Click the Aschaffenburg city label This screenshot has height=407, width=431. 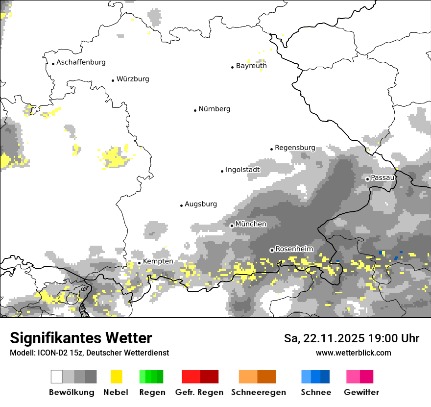pyautogui.click(x=81, y=62)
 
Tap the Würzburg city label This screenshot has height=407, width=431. pyautogui.click(x=133, y=79)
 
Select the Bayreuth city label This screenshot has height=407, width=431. pyautogui.click(x=251, y=66)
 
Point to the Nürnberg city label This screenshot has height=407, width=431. pyautogui.click(x=215, y=109)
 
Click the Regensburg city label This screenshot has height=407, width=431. pyautogui.click(x=295, y=148)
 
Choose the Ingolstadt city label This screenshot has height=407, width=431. pyautogui.click(x=242, y=170)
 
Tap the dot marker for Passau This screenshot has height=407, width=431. pyautogui.click(x=367, y=179)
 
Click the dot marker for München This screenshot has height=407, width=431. pyautogui.click(x=232, y=226)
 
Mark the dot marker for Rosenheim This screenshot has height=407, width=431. pyautogui.click(x=272, y=250)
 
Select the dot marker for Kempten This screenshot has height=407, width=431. pyautogui.click(x=139, y=263)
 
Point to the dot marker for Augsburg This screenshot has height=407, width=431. pyautogui.click(x=181, y=205)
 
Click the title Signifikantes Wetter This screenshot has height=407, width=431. pyautogui.click(x=81, y=338)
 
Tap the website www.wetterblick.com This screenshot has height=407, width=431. pyautogui.click(x=353, y=353)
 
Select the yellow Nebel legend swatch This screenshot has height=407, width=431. pyautogui.click(x=116, y=377)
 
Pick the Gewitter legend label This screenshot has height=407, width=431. pyautogui.click(x=361, y=392)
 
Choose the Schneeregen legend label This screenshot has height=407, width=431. pyautogui.click(x=258, y=392)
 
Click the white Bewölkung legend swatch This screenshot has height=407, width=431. pyautogui.click(x=57, y=377)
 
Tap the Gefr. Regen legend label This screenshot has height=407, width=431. pyautogui.click(x=199, y=392)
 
